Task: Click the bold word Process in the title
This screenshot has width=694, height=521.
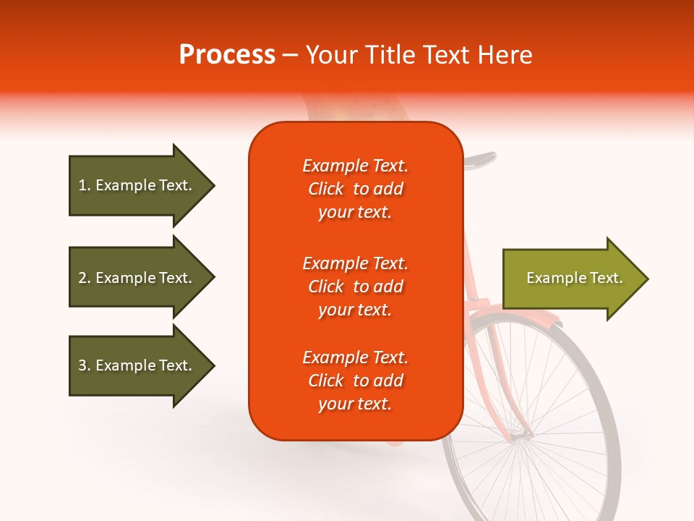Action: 227,54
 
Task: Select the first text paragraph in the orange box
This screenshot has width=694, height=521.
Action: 355,189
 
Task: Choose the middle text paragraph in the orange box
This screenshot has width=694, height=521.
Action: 355,287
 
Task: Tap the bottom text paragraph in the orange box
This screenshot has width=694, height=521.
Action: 355,381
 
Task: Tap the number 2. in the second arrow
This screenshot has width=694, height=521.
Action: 85,278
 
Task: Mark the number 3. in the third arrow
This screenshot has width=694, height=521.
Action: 85,365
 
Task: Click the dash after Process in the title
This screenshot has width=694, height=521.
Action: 290,55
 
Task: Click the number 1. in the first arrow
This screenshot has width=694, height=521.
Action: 85,185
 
